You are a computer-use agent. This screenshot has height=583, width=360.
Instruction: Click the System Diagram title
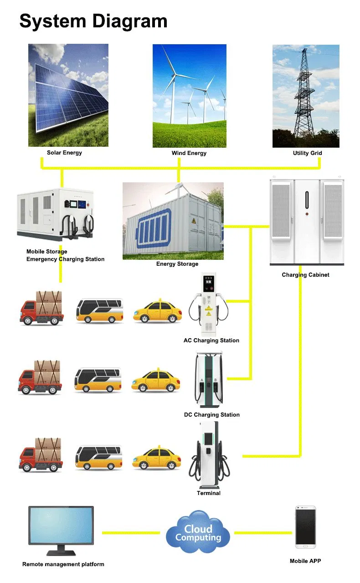pyautogui.click(x=93, y=21)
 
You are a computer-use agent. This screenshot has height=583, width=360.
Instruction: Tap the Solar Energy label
pyautogui.click(x=64, y=153)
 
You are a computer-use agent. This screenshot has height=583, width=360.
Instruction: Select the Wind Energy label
pyautogui.click(x=189, y=153)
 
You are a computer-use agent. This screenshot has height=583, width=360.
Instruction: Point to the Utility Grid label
pyautogui.click(x=307, y=153)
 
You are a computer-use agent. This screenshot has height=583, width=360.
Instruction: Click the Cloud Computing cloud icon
pyautogui.click(x=197, y=533)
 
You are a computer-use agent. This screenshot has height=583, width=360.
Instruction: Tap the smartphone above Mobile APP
pyautogui.click(x=305, y=527)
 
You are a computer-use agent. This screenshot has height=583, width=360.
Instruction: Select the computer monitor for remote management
pyautogui.click(x=61, y=529)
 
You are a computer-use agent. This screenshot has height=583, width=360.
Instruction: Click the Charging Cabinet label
pyautogui.click(x=305, y=275)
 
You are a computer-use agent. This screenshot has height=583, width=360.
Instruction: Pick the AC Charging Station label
pyautogui.click(x=211, y=341)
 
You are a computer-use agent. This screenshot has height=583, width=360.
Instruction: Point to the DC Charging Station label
pyautogui.click(x=211, y=415)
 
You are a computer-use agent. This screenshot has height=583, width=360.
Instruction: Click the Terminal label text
pyautogui.click(x=208, y=493)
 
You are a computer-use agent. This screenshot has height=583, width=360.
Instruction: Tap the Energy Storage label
pyautogui.click(x=177, y=264)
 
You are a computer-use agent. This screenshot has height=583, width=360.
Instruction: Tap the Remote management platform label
pyautogui.click(x=63, y=564)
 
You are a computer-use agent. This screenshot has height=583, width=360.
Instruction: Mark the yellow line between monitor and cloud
pyautogui.click(x=130, y=533)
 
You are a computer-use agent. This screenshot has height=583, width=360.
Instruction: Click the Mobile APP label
pyautogui.click(x=305, y=561)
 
